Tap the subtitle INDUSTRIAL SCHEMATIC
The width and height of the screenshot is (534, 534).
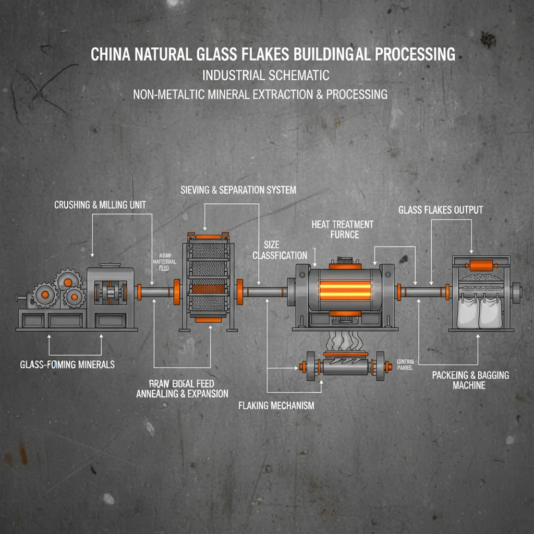[265, 75]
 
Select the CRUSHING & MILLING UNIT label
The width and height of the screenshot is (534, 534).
[100, 205]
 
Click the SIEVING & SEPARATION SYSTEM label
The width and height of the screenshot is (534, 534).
[238, 190]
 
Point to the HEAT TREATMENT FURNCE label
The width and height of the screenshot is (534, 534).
[343, 229]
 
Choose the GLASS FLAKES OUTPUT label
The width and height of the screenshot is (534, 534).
[441, 210]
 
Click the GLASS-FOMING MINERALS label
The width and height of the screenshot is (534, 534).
[67, 365]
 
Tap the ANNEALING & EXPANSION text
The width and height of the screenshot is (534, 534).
[182, 394]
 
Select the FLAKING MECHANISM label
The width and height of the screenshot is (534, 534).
[276, 405]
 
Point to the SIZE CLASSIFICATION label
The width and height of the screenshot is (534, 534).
[280, 250]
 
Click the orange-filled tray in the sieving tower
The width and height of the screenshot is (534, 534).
[207, 289]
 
